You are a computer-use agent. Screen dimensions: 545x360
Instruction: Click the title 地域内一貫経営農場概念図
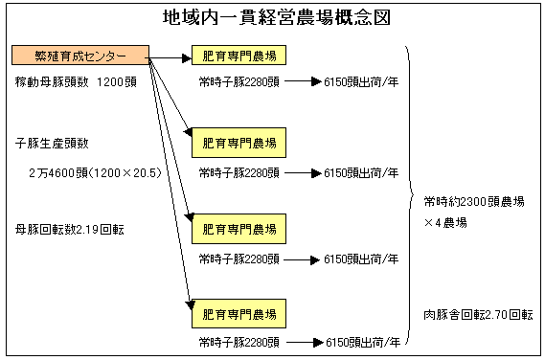[x=277, y=18]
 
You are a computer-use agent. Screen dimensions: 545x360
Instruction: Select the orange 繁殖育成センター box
[x=80, y=55]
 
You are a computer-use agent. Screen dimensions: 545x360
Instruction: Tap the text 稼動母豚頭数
[x=52, y=82]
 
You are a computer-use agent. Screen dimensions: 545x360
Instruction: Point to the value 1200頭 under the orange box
[x=117, y=82]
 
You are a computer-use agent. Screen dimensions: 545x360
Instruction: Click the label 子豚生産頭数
[x=52, y=143]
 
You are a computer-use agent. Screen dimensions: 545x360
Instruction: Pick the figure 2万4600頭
[x=58, y=173]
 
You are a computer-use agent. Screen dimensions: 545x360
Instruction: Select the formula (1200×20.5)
[x=125, y=173]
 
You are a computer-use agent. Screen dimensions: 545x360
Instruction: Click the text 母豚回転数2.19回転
[x=70, y=230]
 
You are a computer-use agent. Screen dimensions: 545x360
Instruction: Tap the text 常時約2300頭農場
[x=474, y=202]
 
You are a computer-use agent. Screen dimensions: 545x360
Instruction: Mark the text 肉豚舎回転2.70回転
[x=478, y=315]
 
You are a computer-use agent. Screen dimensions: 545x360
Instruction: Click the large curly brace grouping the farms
[x=410, y=194]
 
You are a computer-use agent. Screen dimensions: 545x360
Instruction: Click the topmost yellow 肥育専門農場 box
[x=239, y=55]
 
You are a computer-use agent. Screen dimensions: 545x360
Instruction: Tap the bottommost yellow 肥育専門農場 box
[x=239, y=313]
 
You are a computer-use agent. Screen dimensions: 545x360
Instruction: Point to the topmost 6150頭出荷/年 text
[x=361, y=82]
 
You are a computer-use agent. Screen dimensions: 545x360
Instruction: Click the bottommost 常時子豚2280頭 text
[x=239, y=343]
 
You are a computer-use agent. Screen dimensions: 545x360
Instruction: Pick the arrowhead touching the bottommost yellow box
[x=190, y=305]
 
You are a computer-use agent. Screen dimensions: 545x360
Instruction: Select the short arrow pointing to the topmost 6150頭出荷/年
[x=303, y=82]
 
